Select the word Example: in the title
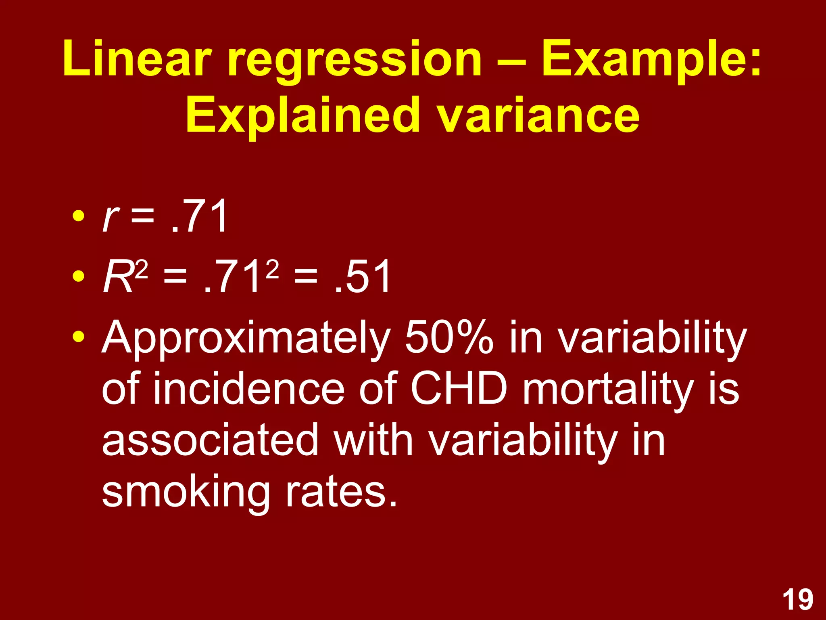(x=651, y=61)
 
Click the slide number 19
(x=798, y=600)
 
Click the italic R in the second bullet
(x=117, y=277)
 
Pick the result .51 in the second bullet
(x=362, y=277)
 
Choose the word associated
(x=210, y=440)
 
